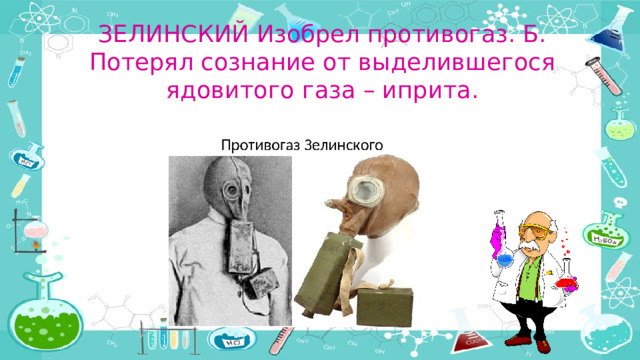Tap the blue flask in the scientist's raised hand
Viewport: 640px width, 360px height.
click(504, 255)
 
